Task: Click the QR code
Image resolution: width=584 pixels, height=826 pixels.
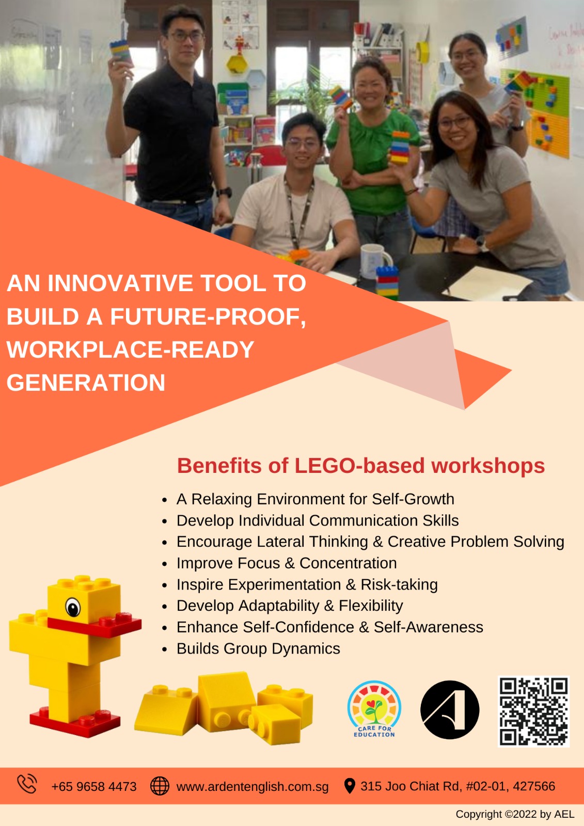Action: point(533,711)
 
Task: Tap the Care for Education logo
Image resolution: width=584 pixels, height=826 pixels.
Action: point(374,709)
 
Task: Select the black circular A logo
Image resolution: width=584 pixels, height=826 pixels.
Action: point(450,710)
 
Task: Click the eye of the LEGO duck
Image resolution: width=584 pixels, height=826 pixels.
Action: point(73,607)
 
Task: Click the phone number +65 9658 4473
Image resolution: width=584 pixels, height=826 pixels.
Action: point(94,787)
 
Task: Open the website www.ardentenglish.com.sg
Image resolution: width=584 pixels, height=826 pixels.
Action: point(252,787)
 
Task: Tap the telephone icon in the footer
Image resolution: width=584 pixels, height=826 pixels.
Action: point(27,784)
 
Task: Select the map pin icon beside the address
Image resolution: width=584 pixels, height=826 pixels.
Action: point(350,786)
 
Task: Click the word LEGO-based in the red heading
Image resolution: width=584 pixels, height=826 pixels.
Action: point(359,466)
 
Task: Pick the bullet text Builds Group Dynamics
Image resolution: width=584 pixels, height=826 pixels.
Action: point(258,649)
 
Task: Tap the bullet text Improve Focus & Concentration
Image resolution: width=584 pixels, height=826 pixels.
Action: point(287,563)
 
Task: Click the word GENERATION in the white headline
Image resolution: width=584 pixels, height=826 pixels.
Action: point(86,383)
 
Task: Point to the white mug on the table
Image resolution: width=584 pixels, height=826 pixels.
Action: point(374,261)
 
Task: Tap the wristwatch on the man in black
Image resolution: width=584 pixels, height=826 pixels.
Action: point(224,192)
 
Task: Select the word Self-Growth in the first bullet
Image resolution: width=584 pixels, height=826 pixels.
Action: point(413,499)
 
